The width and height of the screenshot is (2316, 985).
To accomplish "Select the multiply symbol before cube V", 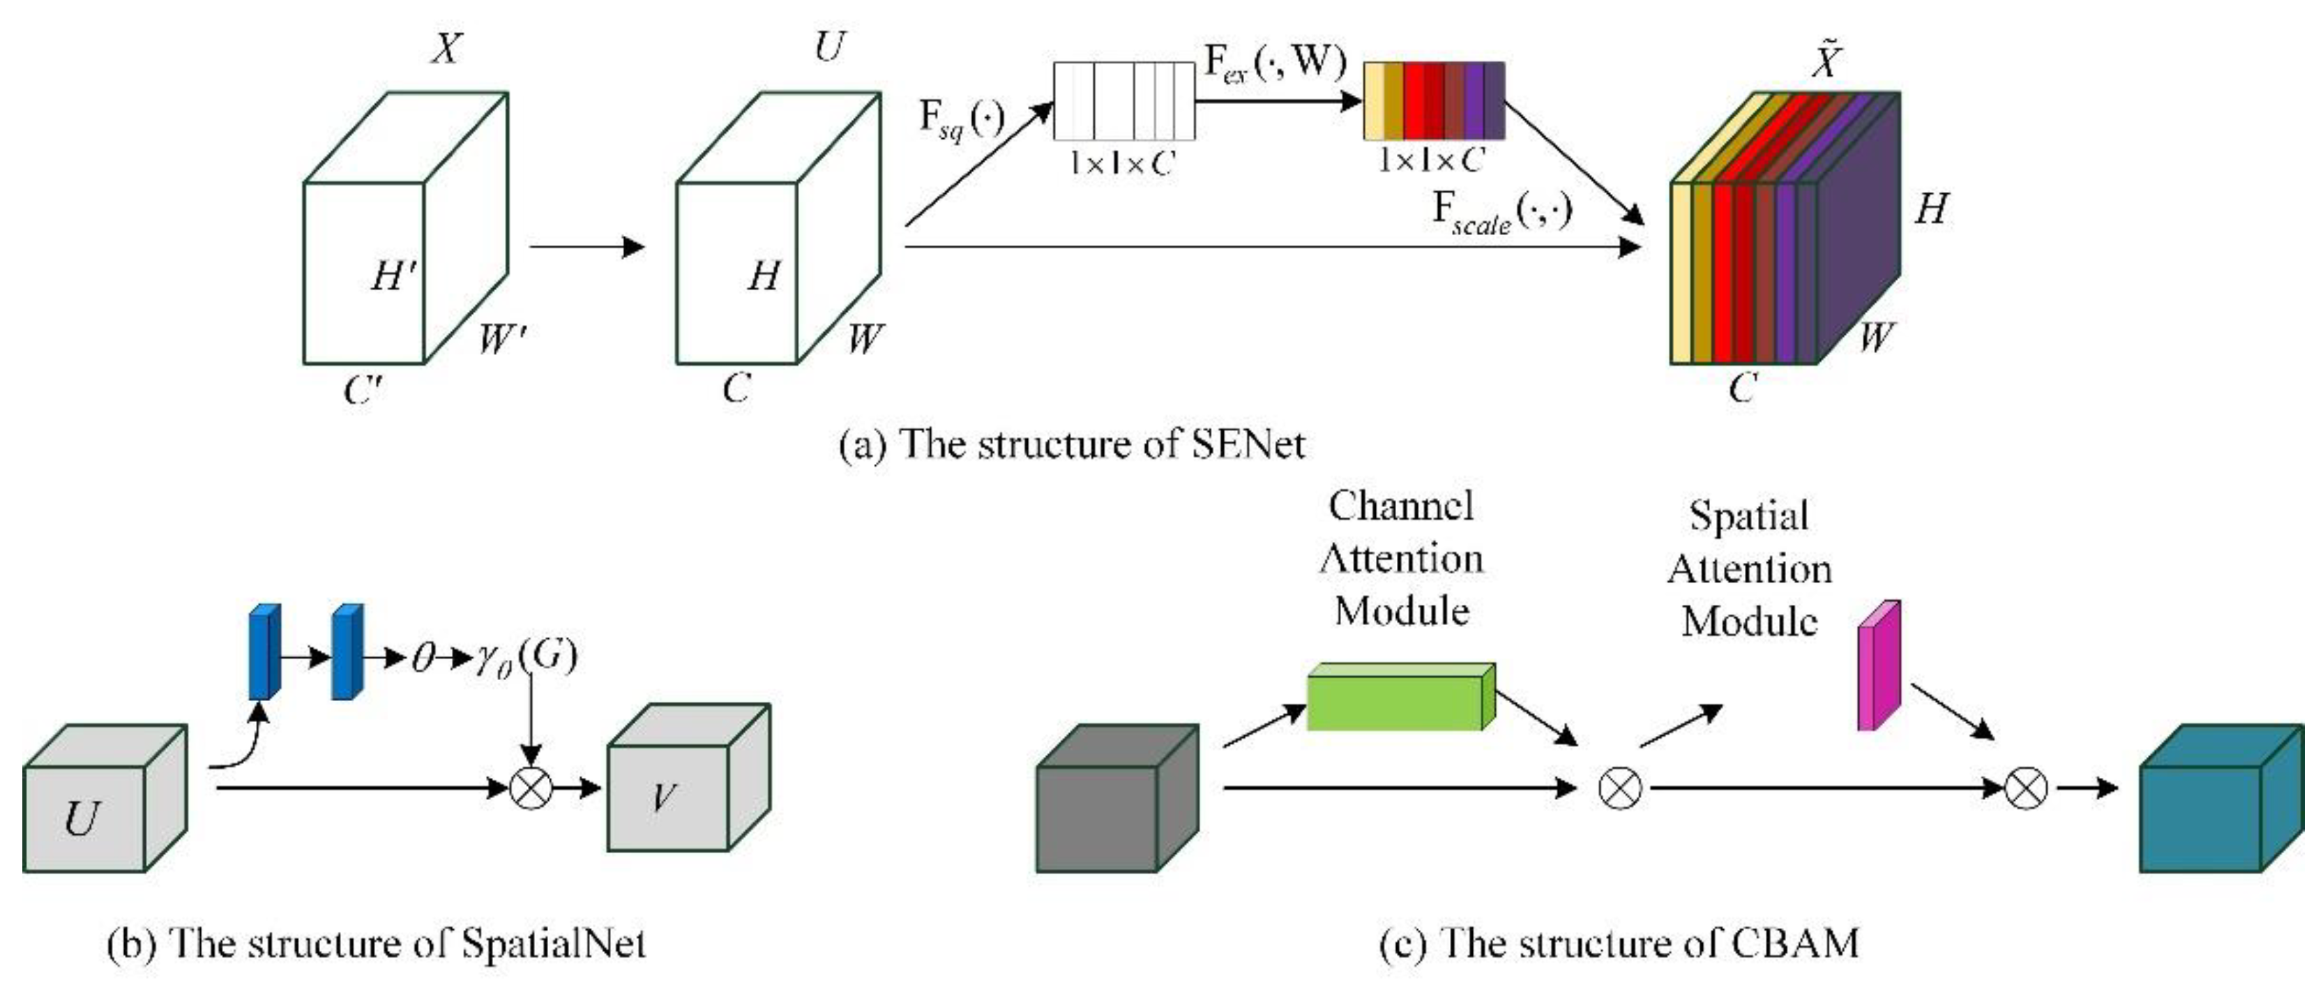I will tap(531, 788).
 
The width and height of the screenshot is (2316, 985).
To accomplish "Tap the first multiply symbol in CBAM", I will tap(1619, 788).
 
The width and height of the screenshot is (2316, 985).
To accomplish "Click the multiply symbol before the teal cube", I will tap(2027, 788).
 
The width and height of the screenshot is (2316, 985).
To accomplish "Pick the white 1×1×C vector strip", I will tap(1124, 100).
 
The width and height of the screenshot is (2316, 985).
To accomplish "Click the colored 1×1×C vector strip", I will tap(1434, 100).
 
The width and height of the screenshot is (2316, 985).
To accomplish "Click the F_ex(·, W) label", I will tap(1275, 63).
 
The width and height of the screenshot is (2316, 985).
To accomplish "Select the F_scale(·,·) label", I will tap(1501, 213).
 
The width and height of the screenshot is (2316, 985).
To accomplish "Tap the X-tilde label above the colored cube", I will tap(1825, 61).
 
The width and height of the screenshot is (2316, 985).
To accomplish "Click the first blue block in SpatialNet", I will tap(264, 652).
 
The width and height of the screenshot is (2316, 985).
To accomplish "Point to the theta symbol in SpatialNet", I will tap(423, 659).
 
